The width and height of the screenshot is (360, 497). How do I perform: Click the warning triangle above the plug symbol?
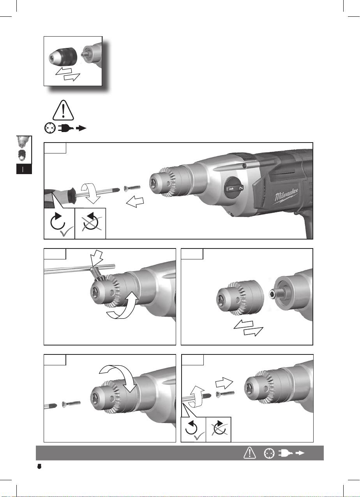63,110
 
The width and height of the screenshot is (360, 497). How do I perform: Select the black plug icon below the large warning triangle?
66,128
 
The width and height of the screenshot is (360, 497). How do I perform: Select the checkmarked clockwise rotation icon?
60,224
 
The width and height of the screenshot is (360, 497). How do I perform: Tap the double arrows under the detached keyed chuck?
248,328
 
